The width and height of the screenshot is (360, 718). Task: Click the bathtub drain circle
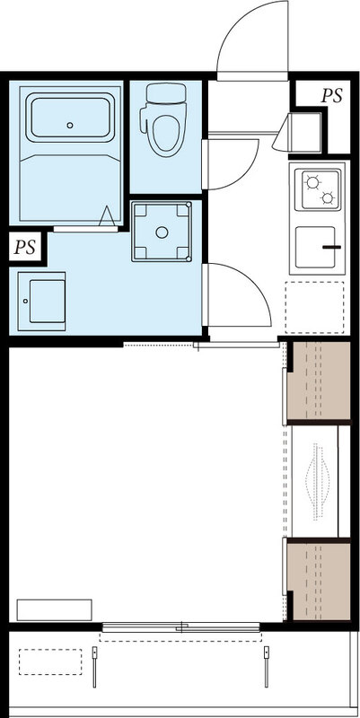pos(70,125)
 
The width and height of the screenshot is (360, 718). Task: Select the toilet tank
pos(166,93)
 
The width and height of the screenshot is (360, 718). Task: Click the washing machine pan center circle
pos(162,232)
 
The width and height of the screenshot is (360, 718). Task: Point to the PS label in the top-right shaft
pos(331,96)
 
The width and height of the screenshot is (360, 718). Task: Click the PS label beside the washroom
pos(25,248)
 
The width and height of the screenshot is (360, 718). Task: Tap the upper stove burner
pos(312,183)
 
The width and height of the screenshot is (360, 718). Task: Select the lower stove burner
pos(327,197)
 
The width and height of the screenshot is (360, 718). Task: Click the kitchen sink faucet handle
pos(331,248)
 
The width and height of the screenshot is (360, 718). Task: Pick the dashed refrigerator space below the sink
pos(314,307)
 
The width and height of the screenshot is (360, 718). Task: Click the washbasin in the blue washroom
pos(41,302)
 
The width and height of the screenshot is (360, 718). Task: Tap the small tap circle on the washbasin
pos(26,301)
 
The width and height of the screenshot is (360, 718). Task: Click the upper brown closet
pos(319,381)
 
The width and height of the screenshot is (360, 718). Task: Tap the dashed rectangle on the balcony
pos(50,661)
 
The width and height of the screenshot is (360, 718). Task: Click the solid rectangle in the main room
pos(54,610)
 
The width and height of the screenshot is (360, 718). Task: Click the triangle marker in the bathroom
pos(107,215)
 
